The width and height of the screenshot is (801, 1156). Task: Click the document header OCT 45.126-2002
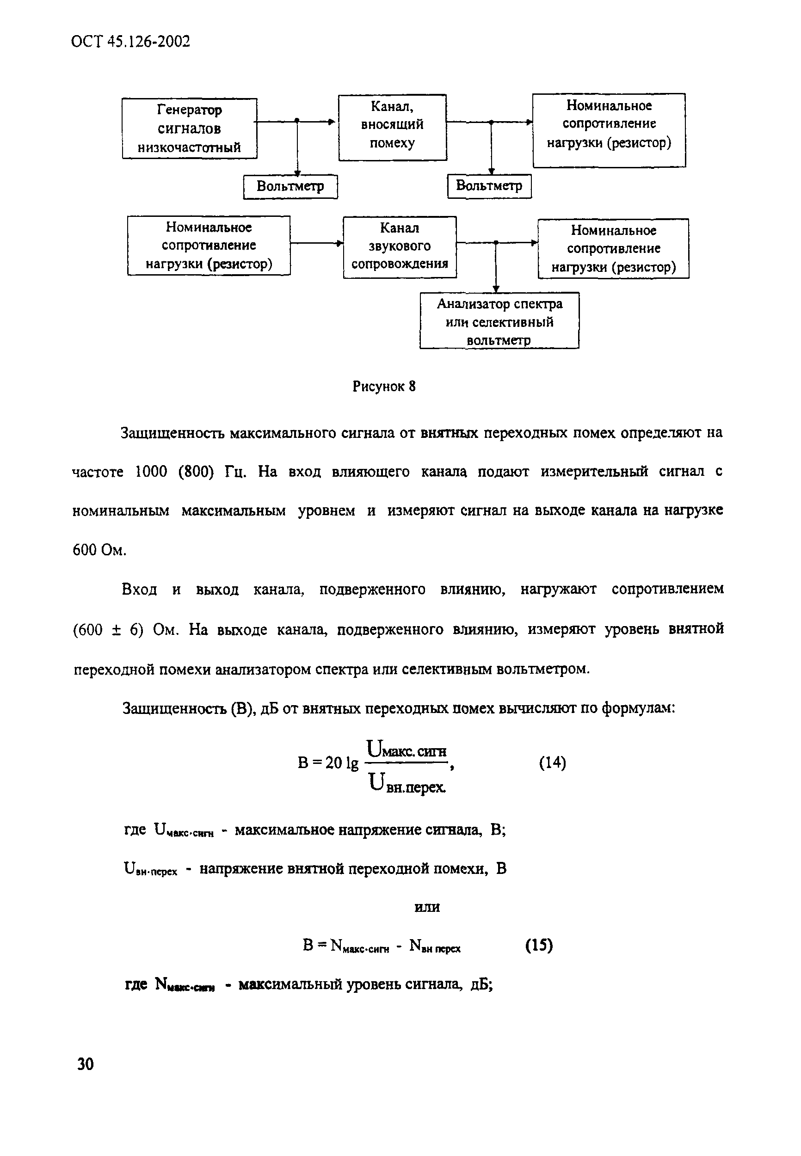(130, 41)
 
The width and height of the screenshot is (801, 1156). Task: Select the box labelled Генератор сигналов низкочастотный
(189, 129)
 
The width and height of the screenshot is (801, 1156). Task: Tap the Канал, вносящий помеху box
(392, 127)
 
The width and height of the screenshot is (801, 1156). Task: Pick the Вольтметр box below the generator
(290, 187)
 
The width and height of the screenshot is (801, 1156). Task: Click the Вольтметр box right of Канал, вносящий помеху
(489, 186)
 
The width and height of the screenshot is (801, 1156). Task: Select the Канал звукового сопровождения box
(400, 246)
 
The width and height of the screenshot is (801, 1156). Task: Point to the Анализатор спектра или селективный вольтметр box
(499, 320)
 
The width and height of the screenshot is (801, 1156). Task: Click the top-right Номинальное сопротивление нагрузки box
(609, 129)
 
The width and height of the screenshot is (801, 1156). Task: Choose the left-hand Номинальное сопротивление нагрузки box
(208, 246)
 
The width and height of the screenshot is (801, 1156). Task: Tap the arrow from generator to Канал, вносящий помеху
(316, 121)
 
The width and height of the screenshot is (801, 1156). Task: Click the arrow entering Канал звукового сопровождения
(317, 243)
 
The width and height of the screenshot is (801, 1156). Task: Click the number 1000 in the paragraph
(151, 472)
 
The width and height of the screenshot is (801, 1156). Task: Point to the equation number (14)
(552, 762)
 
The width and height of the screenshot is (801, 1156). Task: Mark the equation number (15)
(539, 945)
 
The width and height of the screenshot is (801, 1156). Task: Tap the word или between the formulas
(427, 907)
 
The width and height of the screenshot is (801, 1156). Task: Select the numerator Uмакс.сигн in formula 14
(407, 749)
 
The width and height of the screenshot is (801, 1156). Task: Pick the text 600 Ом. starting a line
(99, 550)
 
